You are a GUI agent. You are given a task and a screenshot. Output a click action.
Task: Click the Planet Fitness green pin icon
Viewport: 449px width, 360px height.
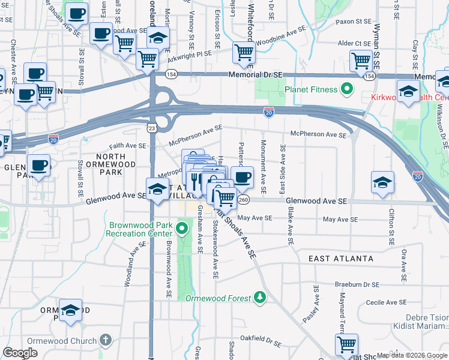346,90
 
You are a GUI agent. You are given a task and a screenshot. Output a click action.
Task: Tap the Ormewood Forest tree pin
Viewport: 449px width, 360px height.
259,297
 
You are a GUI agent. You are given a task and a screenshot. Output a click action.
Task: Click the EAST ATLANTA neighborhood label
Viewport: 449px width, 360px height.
341,259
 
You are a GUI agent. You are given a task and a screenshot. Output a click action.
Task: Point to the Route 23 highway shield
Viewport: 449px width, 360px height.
152,128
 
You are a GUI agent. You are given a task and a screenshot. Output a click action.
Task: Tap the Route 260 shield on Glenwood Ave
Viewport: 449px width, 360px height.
243,199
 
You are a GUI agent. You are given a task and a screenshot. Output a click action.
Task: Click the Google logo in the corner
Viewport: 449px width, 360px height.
20,353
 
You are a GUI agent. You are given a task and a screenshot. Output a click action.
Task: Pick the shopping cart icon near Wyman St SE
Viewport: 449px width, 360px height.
361,60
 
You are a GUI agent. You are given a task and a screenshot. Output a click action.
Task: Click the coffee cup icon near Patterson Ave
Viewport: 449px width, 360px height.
243,177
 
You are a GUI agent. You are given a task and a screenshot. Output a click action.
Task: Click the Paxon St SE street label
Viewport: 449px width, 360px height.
354,22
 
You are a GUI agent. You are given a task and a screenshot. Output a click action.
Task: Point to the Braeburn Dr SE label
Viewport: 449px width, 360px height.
358,285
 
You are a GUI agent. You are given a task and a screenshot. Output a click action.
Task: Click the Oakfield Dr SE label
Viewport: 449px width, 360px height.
266,343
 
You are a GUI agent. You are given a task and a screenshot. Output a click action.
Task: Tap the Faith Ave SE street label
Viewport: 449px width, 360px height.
127,146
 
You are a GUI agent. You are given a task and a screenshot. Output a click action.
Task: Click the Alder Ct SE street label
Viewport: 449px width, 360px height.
354,43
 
